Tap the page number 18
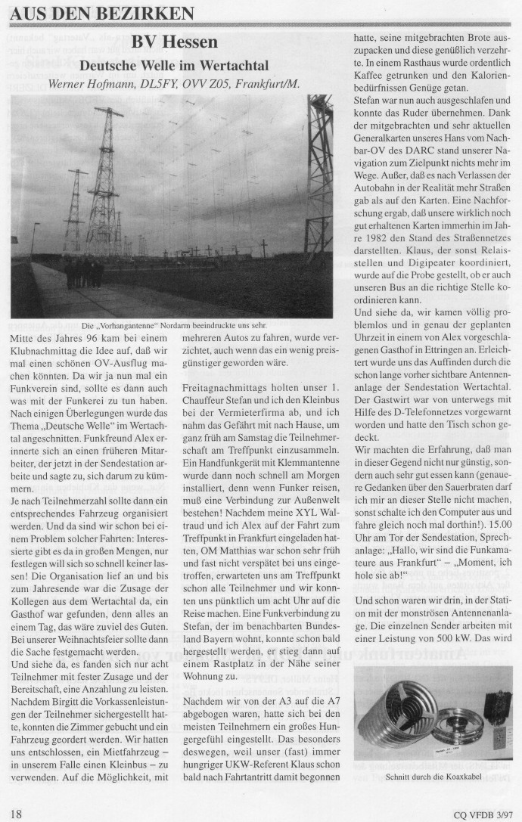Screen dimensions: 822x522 click(16, 813)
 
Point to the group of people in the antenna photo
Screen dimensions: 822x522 click(83, 272)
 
